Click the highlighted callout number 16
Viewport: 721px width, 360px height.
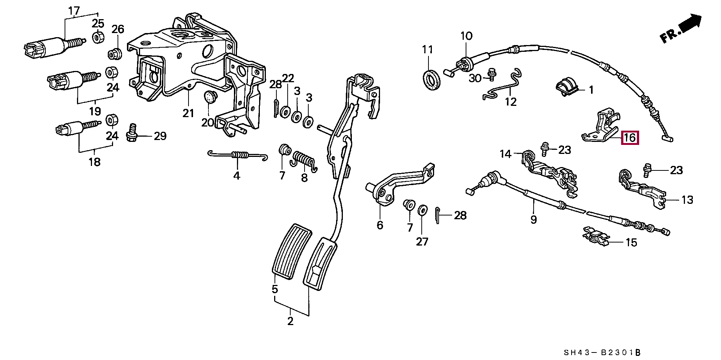[x=630, y=138]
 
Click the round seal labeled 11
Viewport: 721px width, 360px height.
[x=431, y=79]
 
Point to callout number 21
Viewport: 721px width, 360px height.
[x=188, y=113]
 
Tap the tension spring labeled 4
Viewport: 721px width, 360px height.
[x=237, y=155]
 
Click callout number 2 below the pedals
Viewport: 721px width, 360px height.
[x=290, y=322]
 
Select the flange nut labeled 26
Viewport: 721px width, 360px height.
[x=114, y=54]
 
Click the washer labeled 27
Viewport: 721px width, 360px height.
[x=422, y=209]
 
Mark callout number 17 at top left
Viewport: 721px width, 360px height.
[x=74, y=11]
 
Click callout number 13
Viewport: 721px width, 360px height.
[x=687, y=200]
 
